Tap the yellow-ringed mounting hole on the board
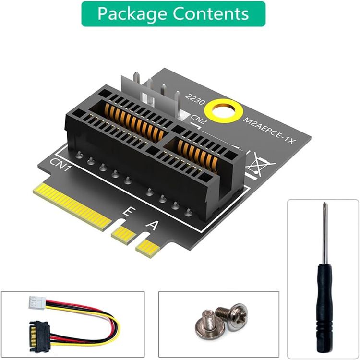coord(226,109)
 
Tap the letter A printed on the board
coord(153,225)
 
